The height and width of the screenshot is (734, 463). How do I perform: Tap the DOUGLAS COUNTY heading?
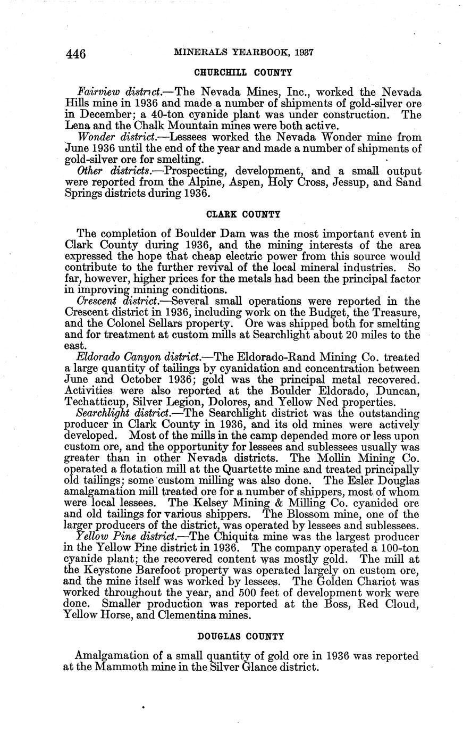pyautogui.click(x=241, y=636)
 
